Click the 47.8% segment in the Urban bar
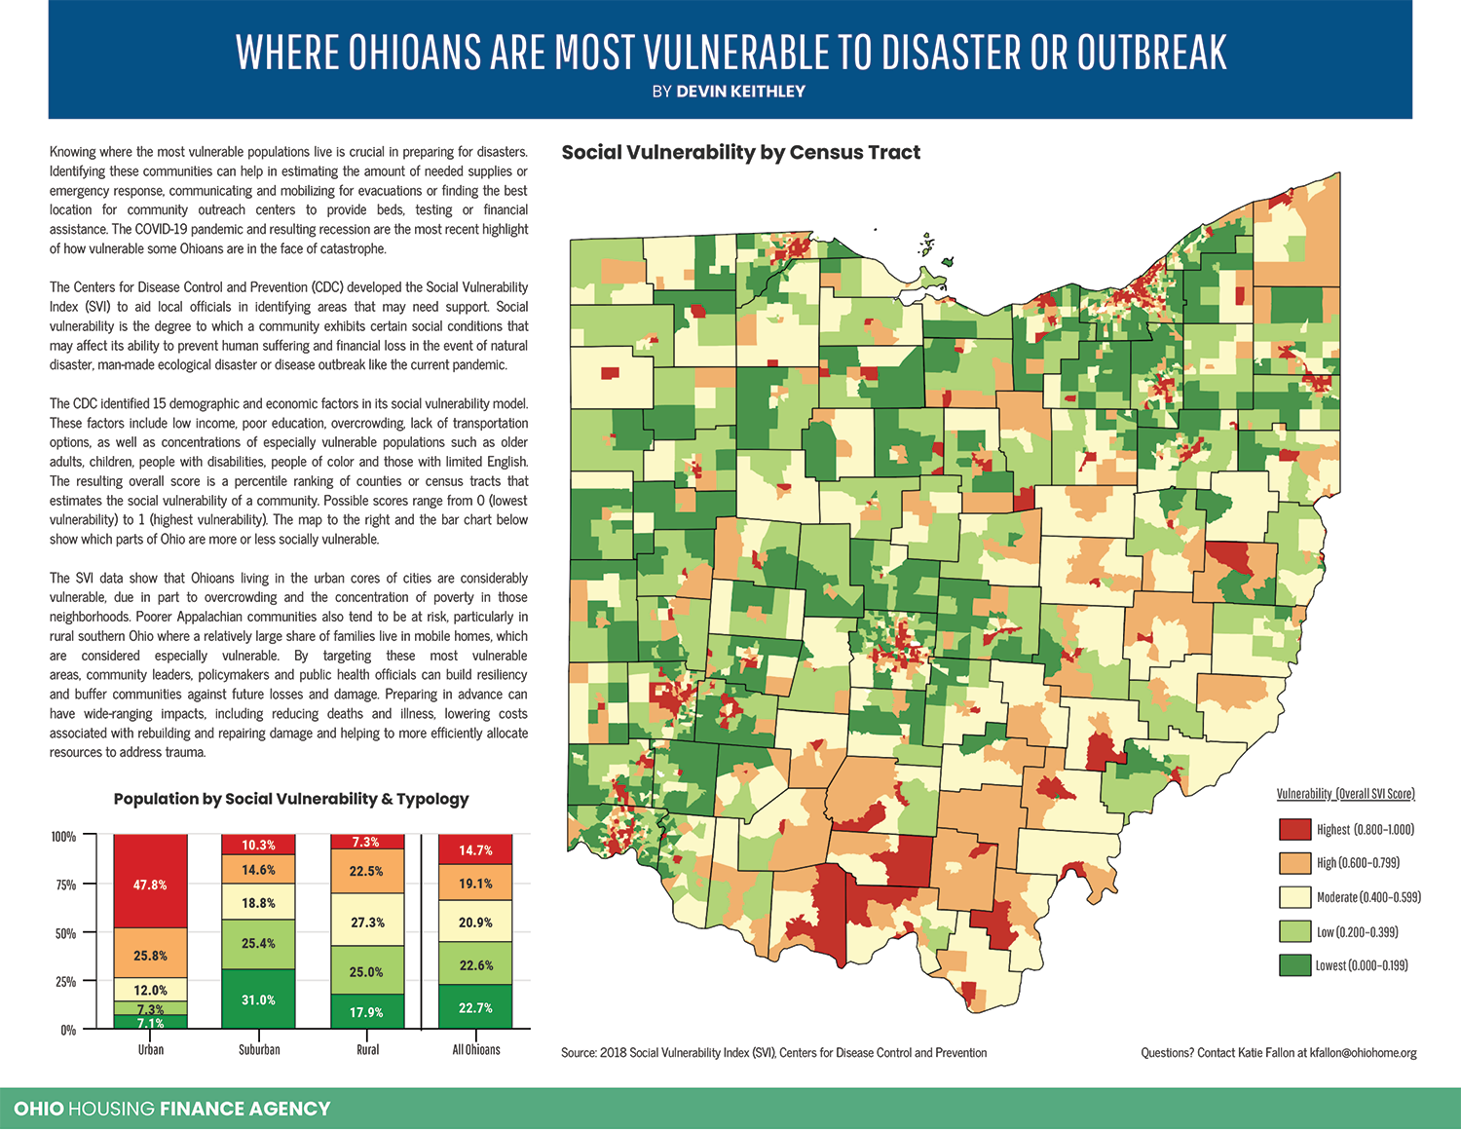pyautogui.click(x=150, y=885)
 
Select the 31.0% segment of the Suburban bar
pyautogui.click(x=258, y=999)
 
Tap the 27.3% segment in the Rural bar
pyautogui.click(x=367, y=922)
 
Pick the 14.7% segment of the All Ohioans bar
pyautogui.click(x=475, y=849)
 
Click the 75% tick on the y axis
pyautogui.click(x=65, y=885)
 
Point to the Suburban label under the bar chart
pyautogui.click(x=259, y=1050)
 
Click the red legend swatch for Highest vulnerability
pyautogui.click(x=1294, y=829)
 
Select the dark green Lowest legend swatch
pyautogui.click(x=1294, y=965)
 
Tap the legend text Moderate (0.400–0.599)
pyautogui.click(x=1368, y=897)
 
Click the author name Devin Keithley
pyautogui.click(x=740, y=92)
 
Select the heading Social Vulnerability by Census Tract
pyautogui.click(x=740, y=153)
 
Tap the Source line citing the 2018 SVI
pyautogui.click(x=773, y=1053)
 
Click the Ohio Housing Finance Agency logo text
pyautogui.click(x=172, y=1109)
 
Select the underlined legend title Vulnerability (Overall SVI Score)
pyautogui.click(x=1345, y=794)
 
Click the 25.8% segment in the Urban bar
pyautogui.click(x=150, y=956)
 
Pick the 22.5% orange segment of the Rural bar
pyautogui.click(x=367, y=871)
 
